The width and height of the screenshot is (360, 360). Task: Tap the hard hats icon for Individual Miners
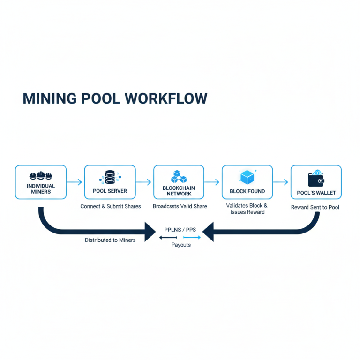pyautogui.click(x=40, y=176)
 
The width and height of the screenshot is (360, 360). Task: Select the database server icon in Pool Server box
pyautogui.click(x=110, y=177)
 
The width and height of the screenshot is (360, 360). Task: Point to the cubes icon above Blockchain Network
pyautogui.click(x=179, y=177)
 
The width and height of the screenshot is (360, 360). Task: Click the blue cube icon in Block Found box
pyautogui.click(x=247, y=177)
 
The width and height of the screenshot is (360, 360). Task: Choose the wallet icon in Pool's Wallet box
pyautogui.click(x=316, y=179)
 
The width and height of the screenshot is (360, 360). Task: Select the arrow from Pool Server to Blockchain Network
pyautogui.click(x=144, y=182)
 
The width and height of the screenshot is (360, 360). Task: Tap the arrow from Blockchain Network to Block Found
pyautogui.click(x=212, y=182)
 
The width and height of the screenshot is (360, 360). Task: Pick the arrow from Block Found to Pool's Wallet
pyautogui.click(x=281, y=182)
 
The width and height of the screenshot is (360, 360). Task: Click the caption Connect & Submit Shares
pyautogui.click(x=111, y=206)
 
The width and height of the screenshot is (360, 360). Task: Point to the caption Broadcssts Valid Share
pyautogui.click(x=180, y=206)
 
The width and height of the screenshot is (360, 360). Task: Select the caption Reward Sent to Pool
pyautogui.click(x=315, y=207)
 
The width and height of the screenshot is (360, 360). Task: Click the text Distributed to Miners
pyautogui.click(x=110, y=240)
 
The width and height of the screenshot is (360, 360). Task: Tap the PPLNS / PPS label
pyautogui.click(x=180, y=230)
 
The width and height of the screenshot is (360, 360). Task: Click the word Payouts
pyautogui.click(x=181, y=245)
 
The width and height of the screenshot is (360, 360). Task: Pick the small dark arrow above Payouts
pyautogui.click(x=168, y=238)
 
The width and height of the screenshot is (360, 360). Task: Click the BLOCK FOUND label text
pyautogui.click(x=247, y=191)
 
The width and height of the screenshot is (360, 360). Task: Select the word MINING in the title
pyautogui.click(x=50, y=98)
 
